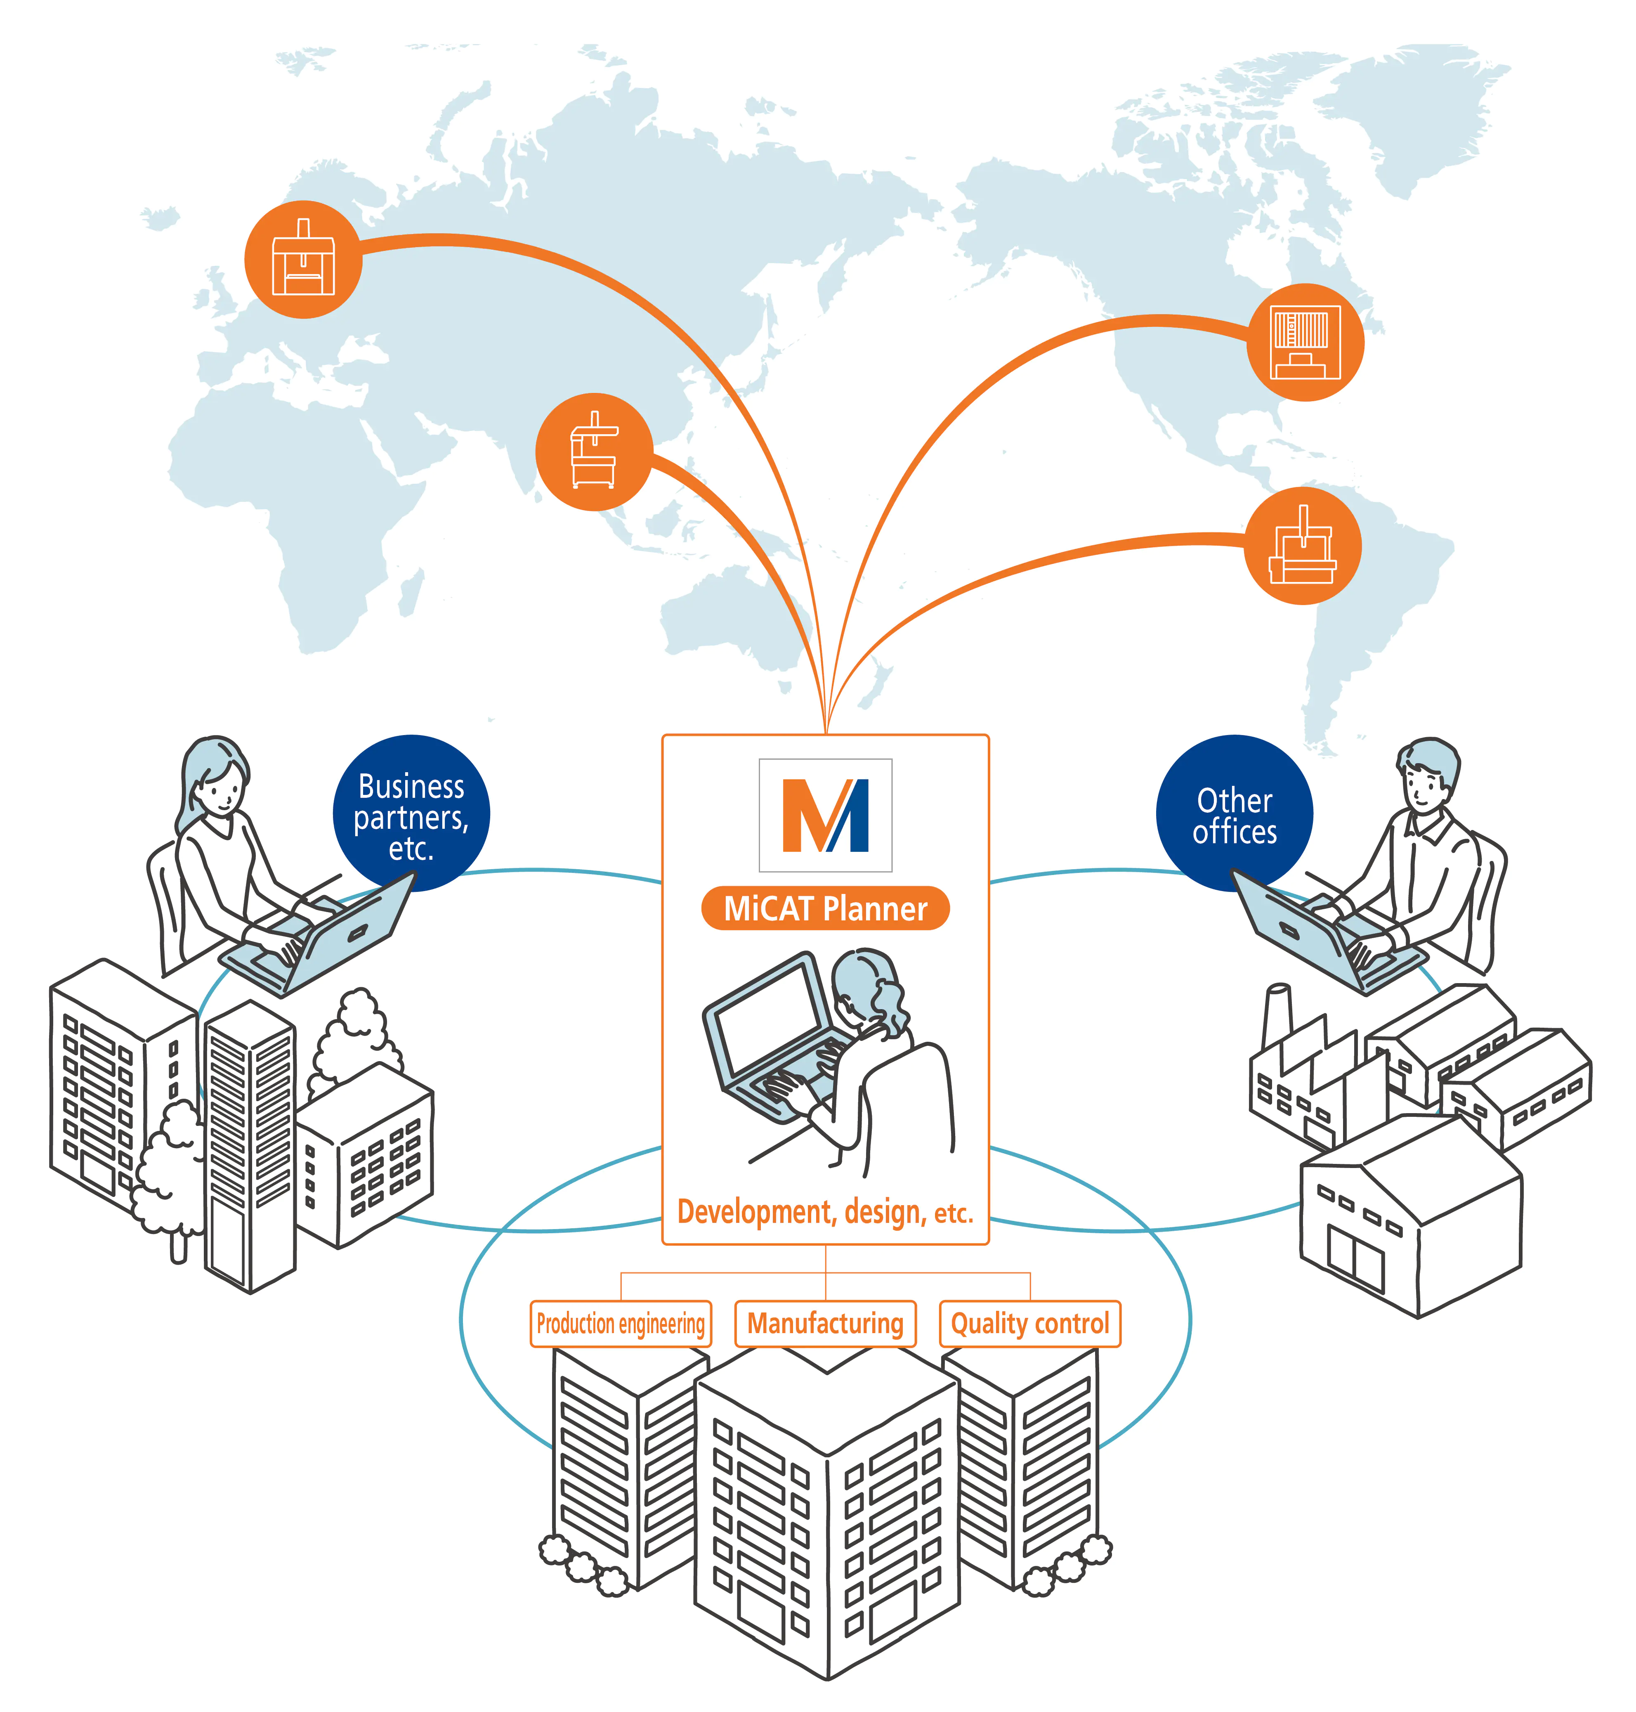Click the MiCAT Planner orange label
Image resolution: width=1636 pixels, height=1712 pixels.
825,909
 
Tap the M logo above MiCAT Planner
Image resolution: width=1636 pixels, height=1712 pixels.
825,815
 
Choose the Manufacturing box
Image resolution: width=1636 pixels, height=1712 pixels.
825,1324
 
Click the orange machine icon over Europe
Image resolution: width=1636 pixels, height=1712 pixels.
302,259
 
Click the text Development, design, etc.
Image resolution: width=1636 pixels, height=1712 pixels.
825,1212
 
